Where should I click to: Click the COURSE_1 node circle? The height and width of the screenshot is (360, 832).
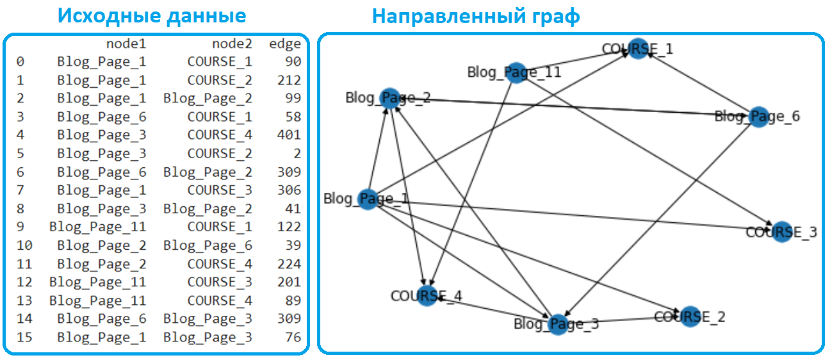coord(638,49)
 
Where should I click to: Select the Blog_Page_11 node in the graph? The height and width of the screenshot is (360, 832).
coord(516,73)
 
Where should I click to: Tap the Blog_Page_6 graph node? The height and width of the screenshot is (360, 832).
coord(758,117)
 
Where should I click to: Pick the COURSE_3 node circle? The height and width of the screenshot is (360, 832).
coord(782,232)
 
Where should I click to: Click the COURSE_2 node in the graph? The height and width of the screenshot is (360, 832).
coord(690,317)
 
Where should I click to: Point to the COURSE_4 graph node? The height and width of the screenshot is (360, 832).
coord(427,296)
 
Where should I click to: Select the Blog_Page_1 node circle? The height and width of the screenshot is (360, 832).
coord(368,199)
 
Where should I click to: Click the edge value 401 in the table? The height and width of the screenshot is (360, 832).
coord(289,135)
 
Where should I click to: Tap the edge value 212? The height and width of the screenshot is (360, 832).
coord(289,80)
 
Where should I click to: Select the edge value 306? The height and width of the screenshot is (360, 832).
coord(289,190)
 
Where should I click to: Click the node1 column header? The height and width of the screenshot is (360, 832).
coord(126,44)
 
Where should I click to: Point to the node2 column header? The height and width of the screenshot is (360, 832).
coord(232,44)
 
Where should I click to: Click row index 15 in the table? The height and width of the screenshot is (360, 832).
coord(24,338)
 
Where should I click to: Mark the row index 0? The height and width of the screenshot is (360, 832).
coord(20,61)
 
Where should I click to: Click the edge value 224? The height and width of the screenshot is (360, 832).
coord(289,264)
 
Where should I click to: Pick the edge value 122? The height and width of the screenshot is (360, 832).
coord(289,227)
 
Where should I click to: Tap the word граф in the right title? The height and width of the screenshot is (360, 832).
coord(556,17)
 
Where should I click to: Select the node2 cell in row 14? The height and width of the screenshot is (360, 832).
coord(208,319)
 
